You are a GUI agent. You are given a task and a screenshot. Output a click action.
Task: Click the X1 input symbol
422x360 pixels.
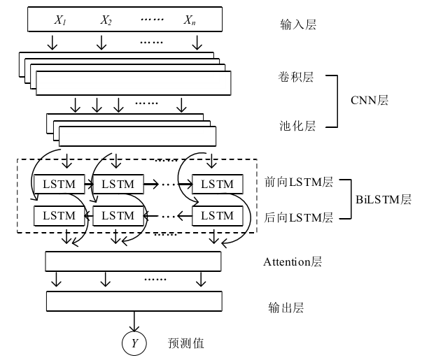(x=60, y=20)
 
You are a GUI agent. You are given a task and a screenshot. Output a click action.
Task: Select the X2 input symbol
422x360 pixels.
(x=106, y=20)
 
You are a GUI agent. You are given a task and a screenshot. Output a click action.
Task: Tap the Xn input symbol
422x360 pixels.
(x=190, y=20)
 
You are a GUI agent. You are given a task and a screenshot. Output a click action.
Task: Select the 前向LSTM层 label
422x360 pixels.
(x=299, y=182)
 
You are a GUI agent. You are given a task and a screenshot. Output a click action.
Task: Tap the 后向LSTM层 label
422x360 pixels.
(x=299, y=218)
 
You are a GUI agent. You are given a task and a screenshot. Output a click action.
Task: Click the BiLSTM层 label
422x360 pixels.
(x=384, y=200)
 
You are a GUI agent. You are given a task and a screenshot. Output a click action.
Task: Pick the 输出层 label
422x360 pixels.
(x=286, y=307)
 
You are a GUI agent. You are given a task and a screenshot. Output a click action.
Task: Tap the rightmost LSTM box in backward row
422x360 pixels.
(x=217, y=215)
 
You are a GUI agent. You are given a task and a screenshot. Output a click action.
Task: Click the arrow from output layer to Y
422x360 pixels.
(x=134, y=322)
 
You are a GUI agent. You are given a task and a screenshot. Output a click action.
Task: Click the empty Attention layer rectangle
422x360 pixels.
(x=133, y=261)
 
